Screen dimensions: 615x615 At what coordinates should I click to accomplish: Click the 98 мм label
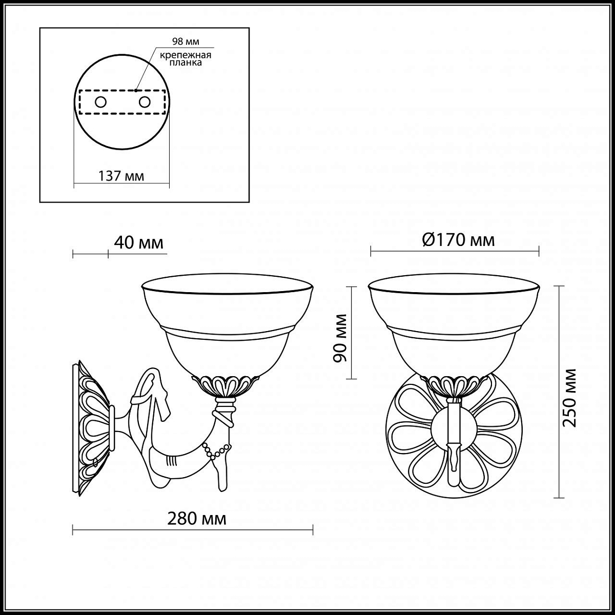[186, 42]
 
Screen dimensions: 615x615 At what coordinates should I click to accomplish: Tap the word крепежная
[186, 55]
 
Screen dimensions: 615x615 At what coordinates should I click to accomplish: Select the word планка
[186, 63]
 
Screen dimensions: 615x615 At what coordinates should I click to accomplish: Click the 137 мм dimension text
[121, 176]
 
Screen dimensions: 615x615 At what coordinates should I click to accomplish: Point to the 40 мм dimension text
[138, 243]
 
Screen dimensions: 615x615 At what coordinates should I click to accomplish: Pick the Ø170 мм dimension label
[458, 240]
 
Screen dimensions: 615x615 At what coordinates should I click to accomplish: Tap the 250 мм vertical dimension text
[569, 398]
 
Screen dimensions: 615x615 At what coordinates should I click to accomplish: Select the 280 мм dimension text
[197, 519]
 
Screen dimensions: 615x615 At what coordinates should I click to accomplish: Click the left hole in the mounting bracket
[100, 102]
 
